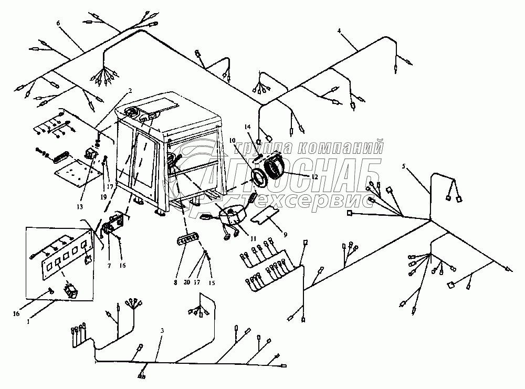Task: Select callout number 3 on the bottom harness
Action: pos(162,331)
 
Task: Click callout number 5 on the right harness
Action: pos(404,167)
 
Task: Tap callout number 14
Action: pos(248,127)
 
